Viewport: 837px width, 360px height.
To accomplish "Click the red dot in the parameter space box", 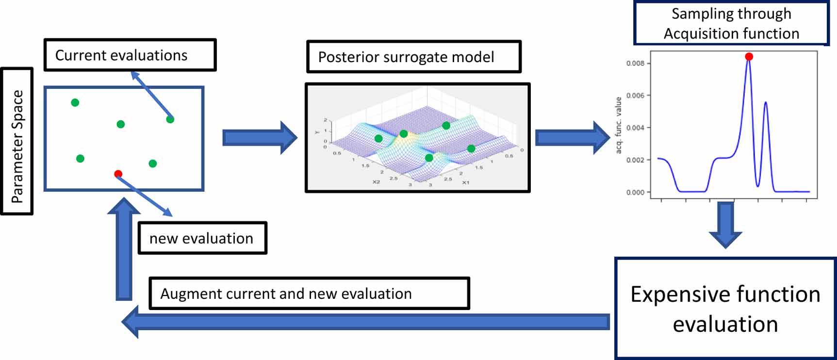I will tap(118, 174).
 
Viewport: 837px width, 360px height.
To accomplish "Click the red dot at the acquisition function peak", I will tap(749, 57).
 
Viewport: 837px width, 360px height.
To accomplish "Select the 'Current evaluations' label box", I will tap(130, 55).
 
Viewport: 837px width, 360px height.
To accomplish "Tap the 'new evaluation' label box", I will tap(202, 238).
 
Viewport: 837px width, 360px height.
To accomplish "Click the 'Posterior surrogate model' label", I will tap(413, 57).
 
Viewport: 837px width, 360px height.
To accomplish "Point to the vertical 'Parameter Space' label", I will tap(17, 141).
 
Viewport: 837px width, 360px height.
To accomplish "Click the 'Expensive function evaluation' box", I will tap(725, 309).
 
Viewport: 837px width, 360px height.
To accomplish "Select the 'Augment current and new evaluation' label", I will tap(309, 294).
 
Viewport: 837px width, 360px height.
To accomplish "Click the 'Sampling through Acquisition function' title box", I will tap(731, 23).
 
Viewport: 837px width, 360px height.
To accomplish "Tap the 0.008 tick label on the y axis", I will tap(635, 63).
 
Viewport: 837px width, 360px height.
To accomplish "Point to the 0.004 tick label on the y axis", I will tap(635, 128).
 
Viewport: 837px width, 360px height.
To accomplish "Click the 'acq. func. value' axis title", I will tap(618, 125).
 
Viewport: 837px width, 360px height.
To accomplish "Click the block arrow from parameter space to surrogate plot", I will tap(259, 138).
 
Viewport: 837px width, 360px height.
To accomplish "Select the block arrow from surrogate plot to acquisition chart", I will tap(572, 138).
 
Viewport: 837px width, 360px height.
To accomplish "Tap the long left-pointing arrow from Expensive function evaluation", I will tap(364, 322).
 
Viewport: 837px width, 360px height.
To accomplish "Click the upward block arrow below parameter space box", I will tap(124, 247).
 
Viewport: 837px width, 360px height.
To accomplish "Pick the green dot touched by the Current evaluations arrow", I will tap(170, 119).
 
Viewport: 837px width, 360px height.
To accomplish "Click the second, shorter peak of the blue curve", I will tap(765, 103).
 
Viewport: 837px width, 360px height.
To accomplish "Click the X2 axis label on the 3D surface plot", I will tap(376, 182).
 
